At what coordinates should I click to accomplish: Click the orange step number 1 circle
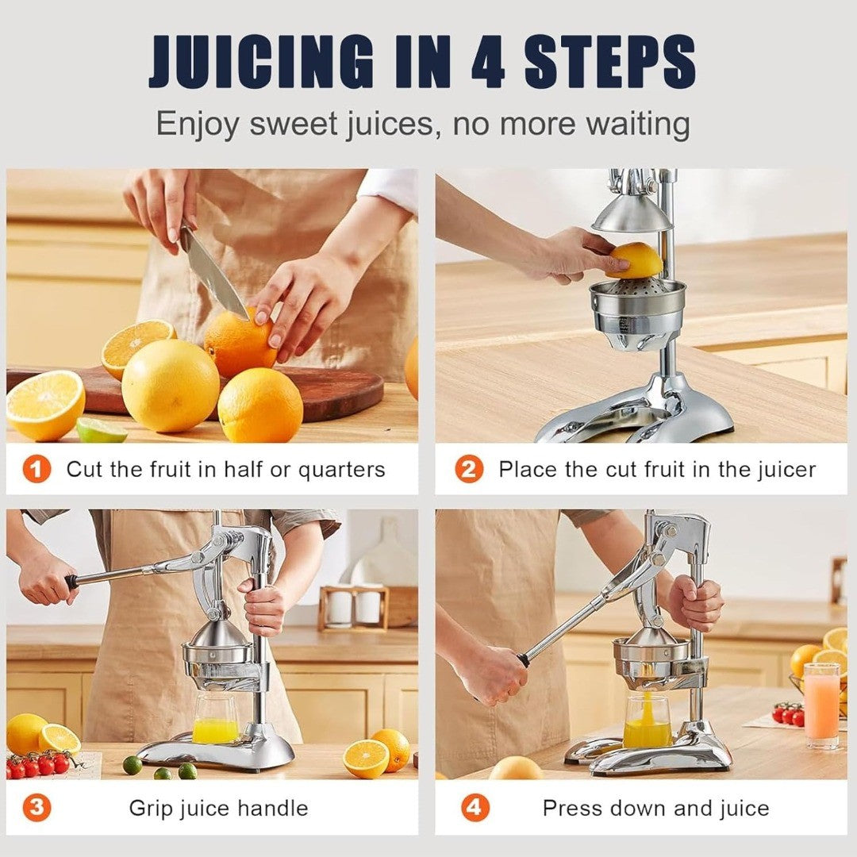[x=37, y=469]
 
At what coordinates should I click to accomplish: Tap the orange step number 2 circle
[x=469, y=469]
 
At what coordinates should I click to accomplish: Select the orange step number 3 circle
[x=37, y=807]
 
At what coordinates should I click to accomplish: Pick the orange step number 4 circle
[x=475, y=807]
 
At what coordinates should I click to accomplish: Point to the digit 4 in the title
[x=488, y=61]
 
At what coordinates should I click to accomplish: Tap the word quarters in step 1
[x=341, y=470]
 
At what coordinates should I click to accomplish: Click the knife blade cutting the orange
[x=213, y=273]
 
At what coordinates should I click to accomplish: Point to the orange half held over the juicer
[x=636, y=261]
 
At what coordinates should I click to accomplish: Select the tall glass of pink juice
[x=821, y=705]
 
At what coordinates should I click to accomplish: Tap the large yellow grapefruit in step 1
[x=170, y=386]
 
